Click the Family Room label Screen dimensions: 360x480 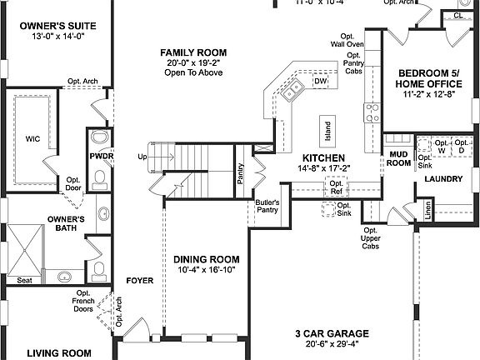click(x=193, y=52)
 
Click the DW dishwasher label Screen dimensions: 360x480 click(x=320, y=82)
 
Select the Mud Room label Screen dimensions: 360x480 click(x=397, y=158)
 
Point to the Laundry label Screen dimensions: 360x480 click(x=442, y=179)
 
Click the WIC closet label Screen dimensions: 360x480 click(x=33, y=139)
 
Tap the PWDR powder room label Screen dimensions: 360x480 click(x=102, y=156)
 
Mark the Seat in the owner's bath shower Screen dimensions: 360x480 click(x=24, y=281)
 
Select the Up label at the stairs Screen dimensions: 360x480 click(x=142, y=157)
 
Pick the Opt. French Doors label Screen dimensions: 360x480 click(x=83, y=301)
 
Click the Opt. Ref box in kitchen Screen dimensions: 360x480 click(x=336, y=187)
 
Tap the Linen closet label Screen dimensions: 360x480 click(x=427, y=212)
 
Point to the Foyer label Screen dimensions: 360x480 click(x=140, y=281)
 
